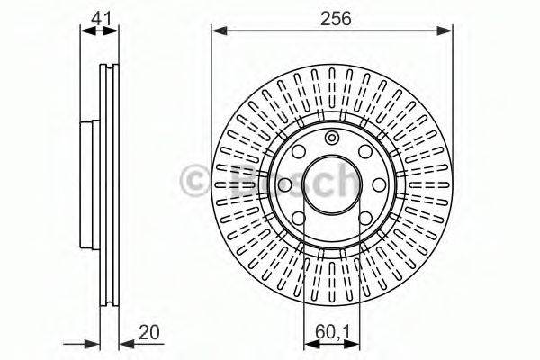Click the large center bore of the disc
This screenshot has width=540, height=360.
pyautogui.click(x=332, y=184)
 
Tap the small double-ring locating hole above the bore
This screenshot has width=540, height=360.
pyautogui.click(x=332, y=138)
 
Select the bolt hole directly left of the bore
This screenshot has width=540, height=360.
pyautogui.click(x=284, y=184)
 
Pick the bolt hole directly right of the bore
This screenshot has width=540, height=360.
pyautogui.click(x=379, y=184)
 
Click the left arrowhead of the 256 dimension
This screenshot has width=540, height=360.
pyautogui.click(x=217, y=31)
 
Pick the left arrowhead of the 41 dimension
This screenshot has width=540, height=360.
pyautogui.click(x=85, y=31)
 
